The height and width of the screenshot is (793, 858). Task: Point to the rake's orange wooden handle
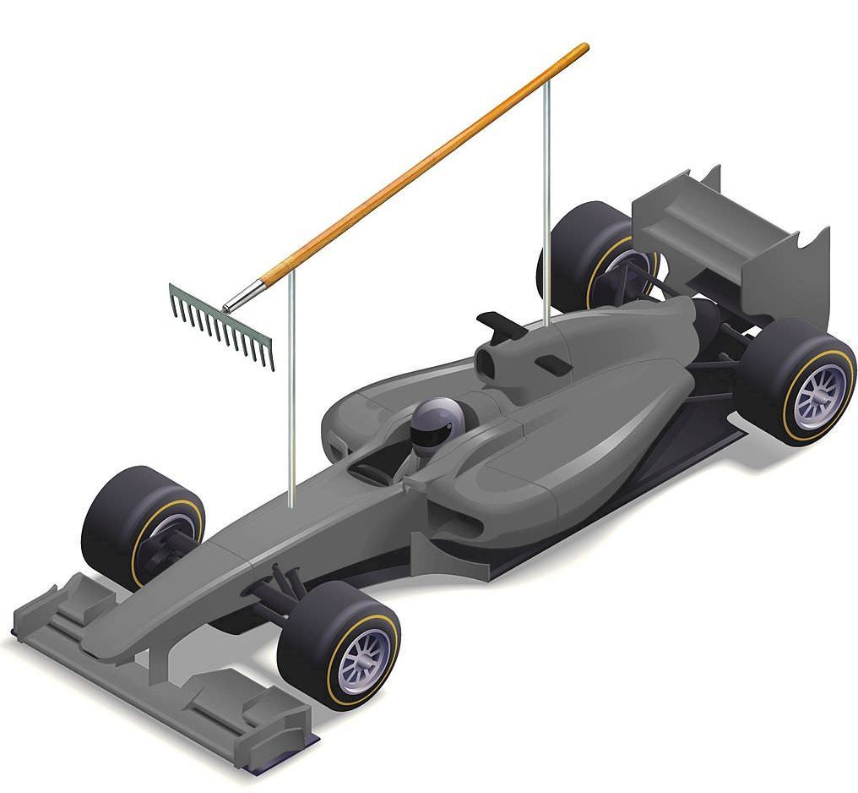tap(422, 161)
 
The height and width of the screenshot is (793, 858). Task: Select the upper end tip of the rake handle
tap(584, 48)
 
